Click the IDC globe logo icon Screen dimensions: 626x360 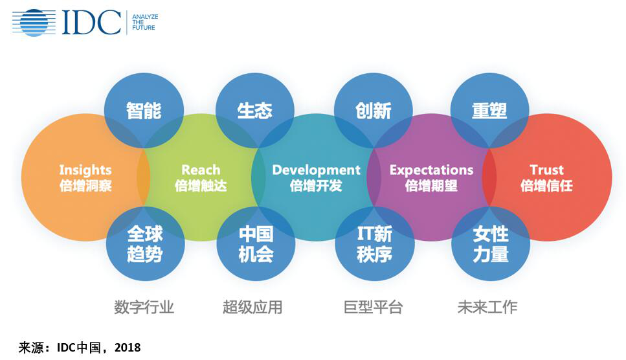coord(34,23)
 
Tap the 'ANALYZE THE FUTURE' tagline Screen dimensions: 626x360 coord(145,23)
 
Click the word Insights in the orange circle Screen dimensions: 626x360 coord(85,170)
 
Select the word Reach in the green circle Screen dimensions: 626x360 coord(201,170)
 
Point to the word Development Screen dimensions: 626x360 coord(316,170)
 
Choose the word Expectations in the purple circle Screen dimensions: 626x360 coord(432,170)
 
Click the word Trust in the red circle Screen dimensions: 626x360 coord(546,170)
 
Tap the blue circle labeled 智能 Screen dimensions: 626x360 coord(144,111)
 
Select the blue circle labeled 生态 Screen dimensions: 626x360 coord(254,111)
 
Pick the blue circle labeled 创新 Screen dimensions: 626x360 coord(374,111)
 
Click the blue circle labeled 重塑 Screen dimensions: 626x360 coord(489,111)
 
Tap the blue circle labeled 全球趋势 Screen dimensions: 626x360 coord(145,243)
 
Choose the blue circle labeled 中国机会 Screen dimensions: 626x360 coord(256,243)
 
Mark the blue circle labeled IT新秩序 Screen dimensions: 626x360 coord(374,243)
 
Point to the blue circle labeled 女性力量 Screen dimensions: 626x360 coord(491,243)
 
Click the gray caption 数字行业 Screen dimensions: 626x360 coord(144,307)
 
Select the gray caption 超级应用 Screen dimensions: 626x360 coord(252,307)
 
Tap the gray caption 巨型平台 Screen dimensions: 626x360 coord(374,307)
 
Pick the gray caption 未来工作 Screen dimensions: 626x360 coord(487,307)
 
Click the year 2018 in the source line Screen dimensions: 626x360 coord(128,348)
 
